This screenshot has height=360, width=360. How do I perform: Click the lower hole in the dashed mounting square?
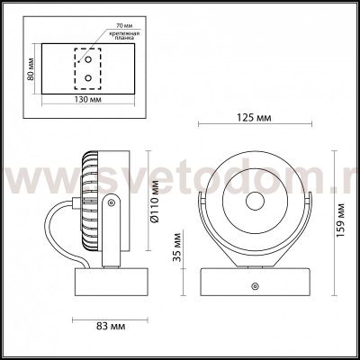click(88, 78)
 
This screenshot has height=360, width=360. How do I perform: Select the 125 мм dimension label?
click(256, 117)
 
